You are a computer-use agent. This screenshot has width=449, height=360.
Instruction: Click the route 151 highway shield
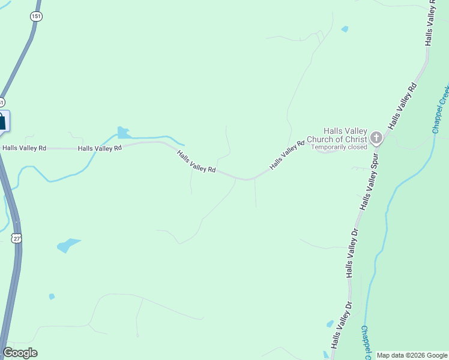pos(37,16)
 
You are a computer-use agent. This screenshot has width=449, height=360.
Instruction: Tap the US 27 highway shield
pos(16,238)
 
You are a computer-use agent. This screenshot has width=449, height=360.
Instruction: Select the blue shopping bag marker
pos(2,121)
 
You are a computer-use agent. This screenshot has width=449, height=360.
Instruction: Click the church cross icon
pos(376,139)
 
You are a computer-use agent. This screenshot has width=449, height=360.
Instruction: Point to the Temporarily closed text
pos(339,147)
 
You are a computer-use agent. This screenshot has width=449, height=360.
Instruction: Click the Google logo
pos(20,353)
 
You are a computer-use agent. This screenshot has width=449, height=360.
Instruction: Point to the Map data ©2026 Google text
pos(412,355)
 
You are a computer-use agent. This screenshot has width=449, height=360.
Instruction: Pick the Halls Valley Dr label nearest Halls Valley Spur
pos(353,253)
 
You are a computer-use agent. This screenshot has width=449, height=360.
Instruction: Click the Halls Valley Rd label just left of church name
pos(288,155)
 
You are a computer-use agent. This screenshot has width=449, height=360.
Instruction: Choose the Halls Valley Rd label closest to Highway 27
pos(24,148)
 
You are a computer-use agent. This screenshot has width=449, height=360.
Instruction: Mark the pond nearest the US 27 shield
pos(68,245)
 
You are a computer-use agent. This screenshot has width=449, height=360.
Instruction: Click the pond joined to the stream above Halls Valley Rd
pos(123,133)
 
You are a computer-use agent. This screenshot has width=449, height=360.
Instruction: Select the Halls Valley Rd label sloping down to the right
pos(196,162)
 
